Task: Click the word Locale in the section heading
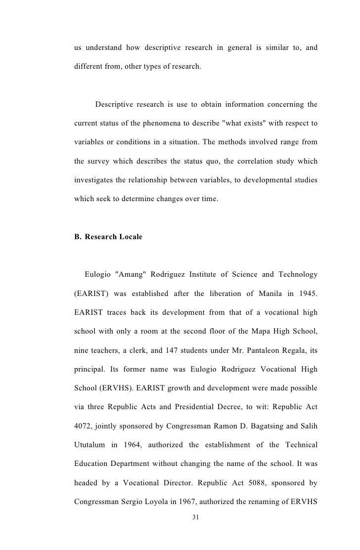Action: (129, 237)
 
